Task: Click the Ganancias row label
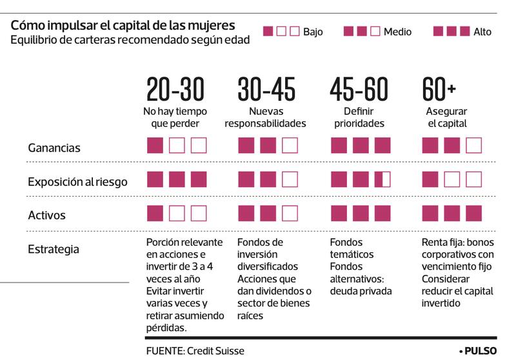pos(54,148)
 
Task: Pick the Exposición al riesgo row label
pos(77,182)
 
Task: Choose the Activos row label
pos(46,215)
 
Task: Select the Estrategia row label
pos(54,248)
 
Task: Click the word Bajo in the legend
pos(313,32)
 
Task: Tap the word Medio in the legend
pos(397,32)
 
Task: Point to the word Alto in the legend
pos(482,32)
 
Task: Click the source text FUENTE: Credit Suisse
pos(195,351)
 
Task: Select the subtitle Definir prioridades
pos(359,117)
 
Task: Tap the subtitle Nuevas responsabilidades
pos(265,117)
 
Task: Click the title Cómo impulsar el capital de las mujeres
pos(123,26)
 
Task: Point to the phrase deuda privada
pos(361,291)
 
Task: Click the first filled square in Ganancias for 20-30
pos(155,145)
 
